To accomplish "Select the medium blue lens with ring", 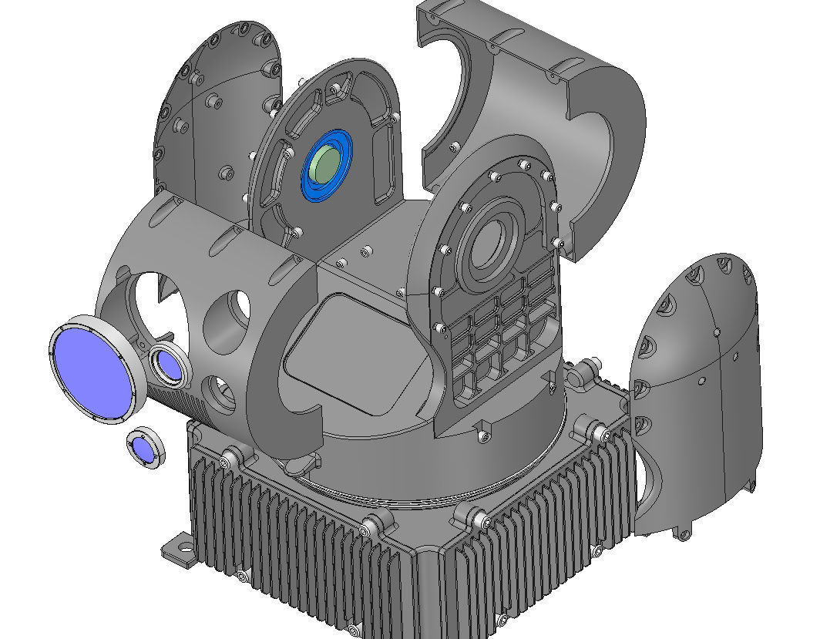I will pos(167,365).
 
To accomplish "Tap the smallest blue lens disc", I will pos(143,449).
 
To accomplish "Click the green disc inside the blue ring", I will pos(326,164).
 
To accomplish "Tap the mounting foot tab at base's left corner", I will pos(178,550).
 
